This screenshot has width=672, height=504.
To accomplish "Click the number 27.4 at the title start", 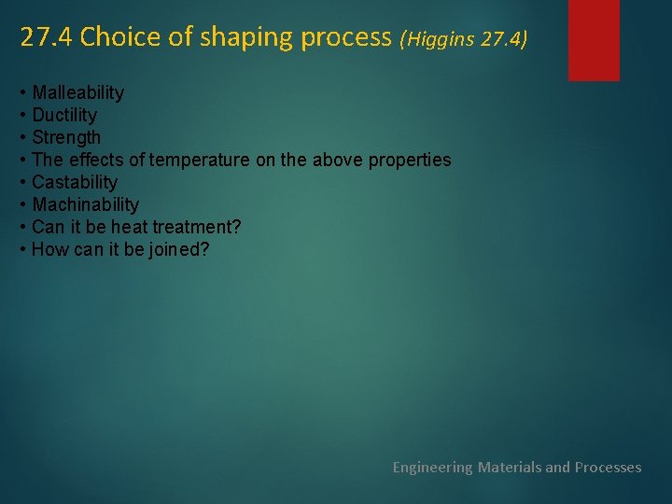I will (x=47, y=37).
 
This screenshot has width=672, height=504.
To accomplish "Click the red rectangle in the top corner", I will (x=594, y=39).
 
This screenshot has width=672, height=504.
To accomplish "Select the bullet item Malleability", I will (x=77, y=92).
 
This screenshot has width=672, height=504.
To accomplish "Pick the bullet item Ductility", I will (x=64, y=115).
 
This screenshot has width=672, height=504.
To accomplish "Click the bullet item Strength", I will (x=66, y=137).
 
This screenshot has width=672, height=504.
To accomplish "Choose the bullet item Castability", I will (x=75, y=182).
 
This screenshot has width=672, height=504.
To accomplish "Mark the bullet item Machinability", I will (x=85, y=204).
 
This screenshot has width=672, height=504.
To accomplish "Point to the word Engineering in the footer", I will (x=433, y=467).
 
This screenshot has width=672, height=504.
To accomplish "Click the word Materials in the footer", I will (x=509, y=467).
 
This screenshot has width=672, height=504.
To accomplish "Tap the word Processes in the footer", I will (x=608, y=467).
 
